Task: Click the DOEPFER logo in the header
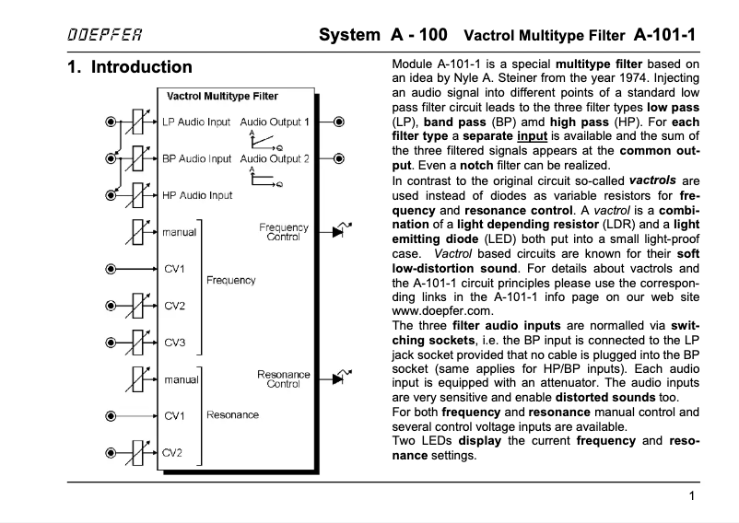click(104, 36)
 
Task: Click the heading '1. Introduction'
click(130, 67)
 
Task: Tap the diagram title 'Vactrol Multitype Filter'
click(222, 96)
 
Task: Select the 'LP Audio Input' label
click(196, 122)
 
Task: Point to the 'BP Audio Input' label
click(196, 158)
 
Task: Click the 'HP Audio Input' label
click(196, 195)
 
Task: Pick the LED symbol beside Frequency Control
click(341, 231)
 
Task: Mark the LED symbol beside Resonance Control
click(341, 378)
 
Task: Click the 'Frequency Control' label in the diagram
click(284, 231)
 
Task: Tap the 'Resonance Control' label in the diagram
click(284, 378)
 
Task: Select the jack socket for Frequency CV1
click(111, 269)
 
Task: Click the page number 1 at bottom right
click(691, 497)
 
